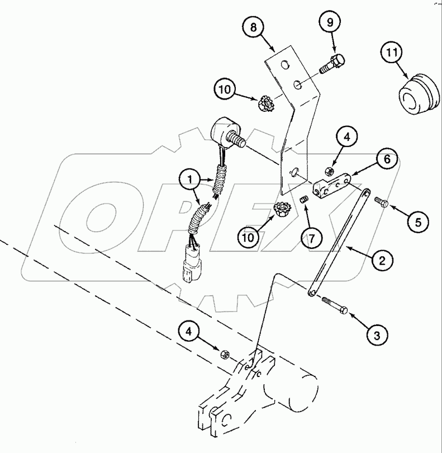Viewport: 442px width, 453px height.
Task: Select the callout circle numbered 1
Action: coord(190,180)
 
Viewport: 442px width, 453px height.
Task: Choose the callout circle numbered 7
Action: coord(313,237)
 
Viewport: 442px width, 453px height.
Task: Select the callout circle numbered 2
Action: coord(381,260)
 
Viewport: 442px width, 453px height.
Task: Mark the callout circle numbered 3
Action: coord(376,336)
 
